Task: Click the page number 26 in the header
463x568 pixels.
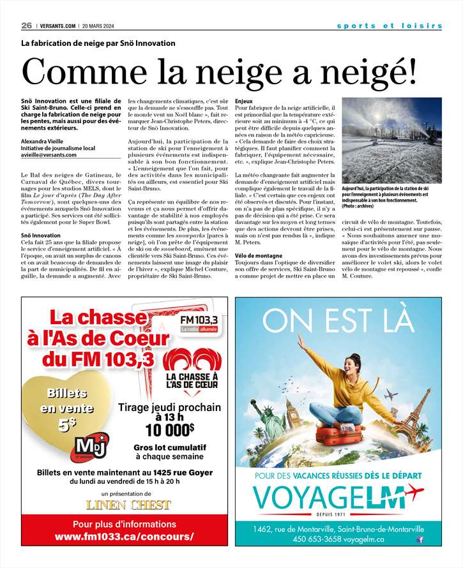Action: click(26, 26)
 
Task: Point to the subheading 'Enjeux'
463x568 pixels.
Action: click(244, 101)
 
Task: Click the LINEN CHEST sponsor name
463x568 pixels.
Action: click(129, 505)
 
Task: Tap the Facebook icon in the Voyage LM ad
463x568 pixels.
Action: click(420, 540)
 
